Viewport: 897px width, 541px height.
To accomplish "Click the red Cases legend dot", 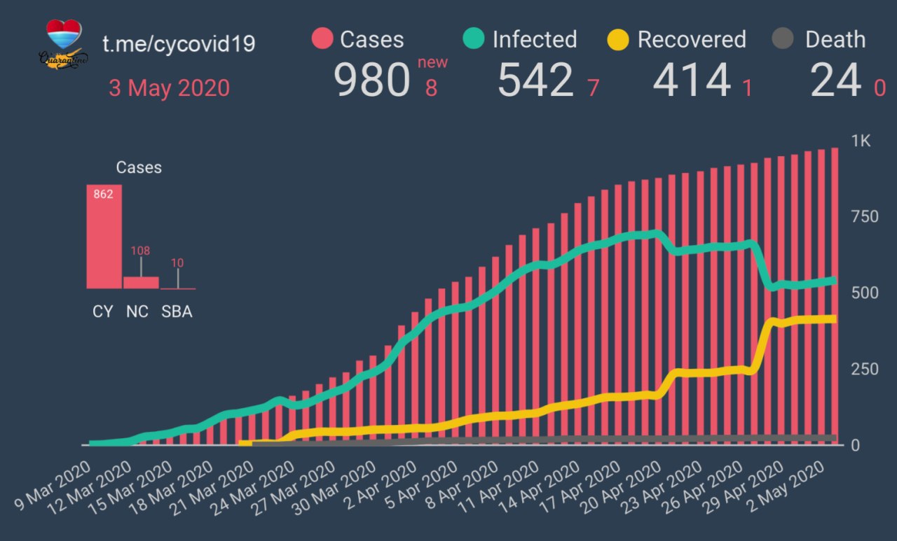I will pyautogui.click(x=322, y=39).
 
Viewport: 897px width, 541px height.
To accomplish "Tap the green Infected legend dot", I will pyautogui.click(x=474, y=39).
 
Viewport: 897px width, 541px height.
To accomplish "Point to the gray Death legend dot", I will pyautogui.click(x=783, y=39).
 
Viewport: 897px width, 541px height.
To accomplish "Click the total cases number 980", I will pyautogui.click(x=371, y=80).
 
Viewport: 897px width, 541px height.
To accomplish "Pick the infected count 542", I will pyautogui.click(x=535, y=80).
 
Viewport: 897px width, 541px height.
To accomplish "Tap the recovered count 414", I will pyautogui.click(x=692, y=80).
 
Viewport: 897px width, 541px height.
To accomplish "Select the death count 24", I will pyautogui.click(x=835, y=80).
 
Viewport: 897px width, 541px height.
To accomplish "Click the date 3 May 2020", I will pyautogui.click(x=169, y=88).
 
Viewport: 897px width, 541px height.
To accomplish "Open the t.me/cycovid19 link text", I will pyautogui.click(x=179, y=43).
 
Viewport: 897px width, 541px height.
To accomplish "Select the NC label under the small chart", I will pyautogui.click(x=137, y=312).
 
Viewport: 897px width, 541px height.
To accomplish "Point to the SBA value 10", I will pyautogui.click(x=177, y=264).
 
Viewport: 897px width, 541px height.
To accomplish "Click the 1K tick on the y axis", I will pyautogui.click(x=861, y=141).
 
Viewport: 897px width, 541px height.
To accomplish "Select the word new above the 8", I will pyautogui.click(x=432, y=63).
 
